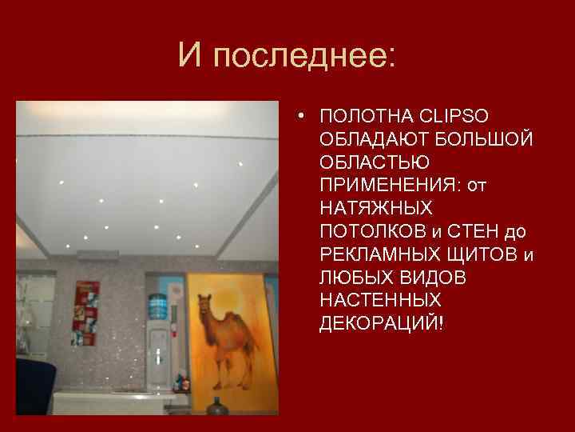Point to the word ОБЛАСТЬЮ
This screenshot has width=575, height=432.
pyautogui.click(x=363, y=162)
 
